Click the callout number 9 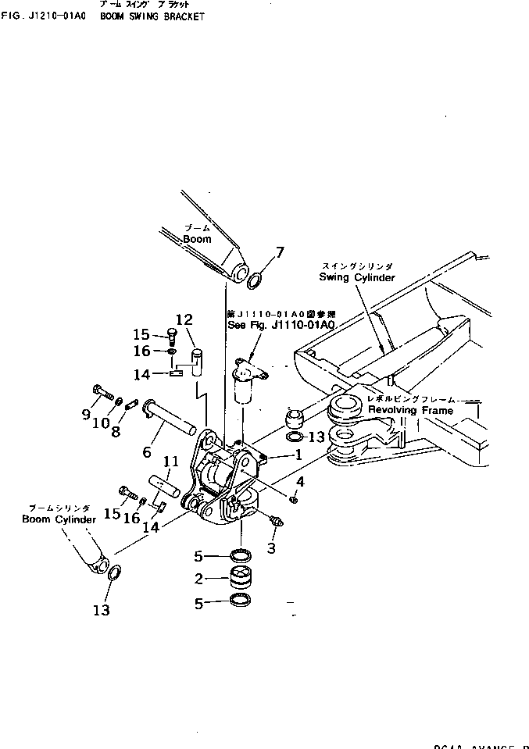click(86, 415)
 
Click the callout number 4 click(300, 482)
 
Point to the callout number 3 click(271, 547)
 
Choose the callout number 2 click(199, 579)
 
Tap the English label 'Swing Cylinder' click(356, 277)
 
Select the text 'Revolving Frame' click(409, 410)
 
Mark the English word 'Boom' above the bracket click(198, 239)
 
